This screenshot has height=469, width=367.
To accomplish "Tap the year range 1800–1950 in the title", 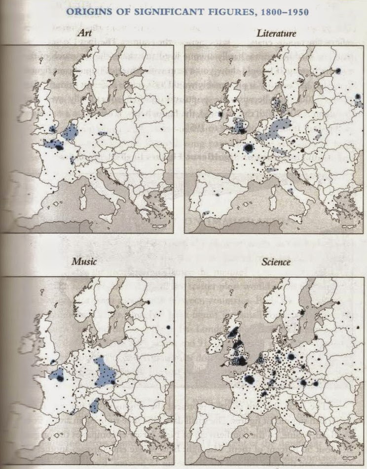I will point(282,11).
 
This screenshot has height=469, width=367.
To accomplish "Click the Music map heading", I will point(84,262).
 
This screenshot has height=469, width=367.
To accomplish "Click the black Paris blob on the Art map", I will point(60,146).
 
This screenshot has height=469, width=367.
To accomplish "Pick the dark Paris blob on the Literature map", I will point(247,148).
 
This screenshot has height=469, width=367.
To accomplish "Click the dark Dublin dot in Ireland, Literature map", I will point(220,114).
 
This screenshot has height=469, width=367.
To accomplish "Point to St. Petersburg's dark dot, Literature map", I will point(339,71).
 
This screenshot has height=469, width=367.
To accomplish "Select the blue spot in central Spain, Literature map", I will point(217,195).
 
